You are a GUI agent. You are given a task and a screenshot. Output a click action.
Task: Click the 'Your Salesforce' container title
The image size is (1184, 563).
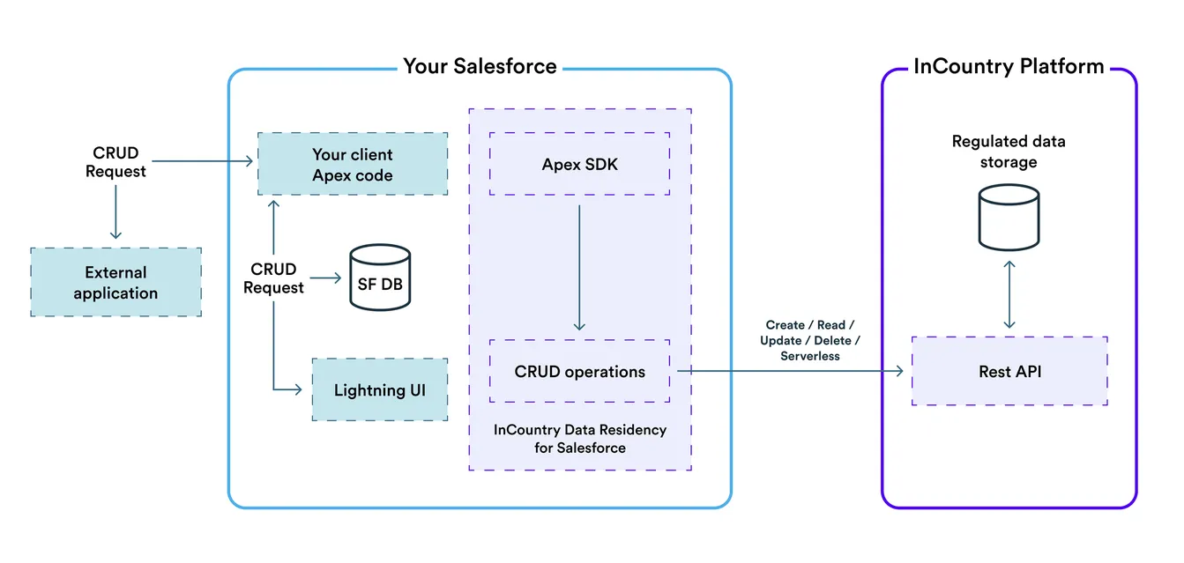480,66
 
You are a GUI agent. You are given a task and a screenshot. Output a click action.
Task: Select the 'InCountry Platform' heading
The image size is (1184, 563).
1008,66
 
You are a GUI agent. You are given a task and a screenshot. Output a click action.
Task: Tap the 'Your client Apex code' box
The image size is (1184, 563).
353,165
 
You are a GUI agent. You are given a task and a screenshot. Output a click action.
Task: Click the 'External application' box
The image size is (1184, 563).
115,283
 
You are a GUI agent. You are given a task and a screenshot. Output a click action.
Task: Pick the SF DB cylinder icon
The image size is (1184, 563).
380,278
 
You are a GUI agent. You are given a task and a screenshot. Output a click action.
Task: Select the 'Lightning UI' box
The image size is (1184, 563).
379,389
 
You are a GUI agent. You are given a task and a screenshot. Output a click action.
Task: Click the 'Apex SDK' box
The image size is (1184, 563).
579,164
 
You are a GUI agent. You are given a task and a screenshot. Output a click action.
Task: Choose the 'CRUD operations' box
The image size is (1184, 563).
579,372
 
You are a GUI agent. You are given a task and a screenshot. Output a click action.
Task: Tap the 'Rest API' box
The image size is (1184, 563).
1009,371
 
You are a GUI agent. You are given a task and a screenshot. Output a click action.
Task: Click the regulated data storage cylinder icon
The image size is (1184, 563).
1009,219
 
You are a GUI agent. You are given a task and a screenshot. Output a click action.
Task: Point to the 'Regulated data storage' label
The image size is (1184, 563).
1008,152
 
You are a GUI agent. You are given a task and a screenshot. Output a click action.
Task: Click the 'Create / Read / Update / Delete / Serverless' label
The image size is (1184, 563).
809,341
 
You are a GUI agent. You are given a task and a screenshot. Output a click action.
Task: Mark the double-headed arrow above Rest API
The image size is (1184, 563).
1009,293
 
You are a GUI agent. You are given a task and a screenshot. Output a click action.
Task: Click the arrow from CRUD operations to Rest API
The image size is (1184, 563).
789,372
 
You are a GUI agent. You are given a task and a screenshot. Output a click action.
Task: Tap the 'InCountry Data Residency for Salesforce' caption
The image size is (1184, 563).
579,439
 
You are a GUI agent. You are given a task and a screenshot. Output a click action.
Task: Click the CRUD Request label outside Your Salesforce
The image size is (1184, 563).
115,162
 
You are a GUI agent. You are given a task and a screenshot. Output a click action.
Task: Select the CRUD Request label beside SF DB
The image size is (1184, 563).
273,278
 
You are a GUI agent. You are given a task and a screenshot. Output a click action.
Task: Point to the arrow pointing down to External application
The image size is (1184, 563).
115,211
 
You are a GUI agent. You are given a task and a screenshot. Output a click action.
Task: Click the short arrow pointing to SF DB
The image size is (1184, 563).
326,278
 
